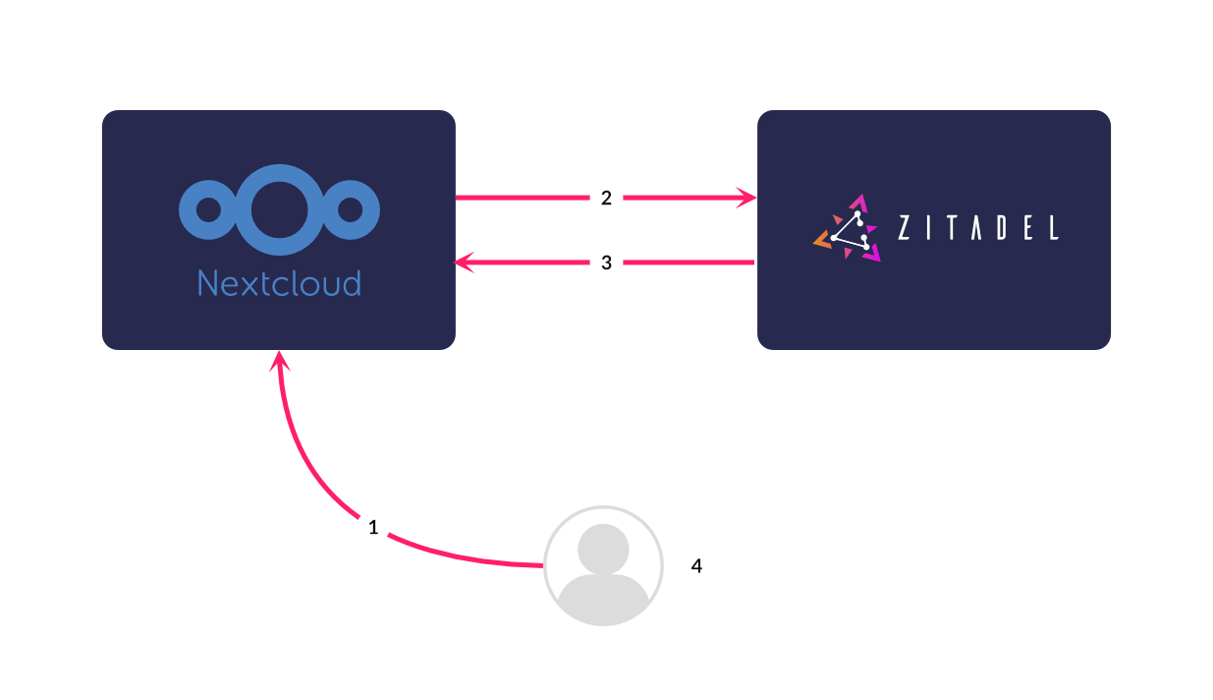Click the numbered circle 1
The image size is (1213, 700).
click(x=372, y=527)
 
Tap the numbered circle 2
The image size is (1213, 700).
click(x=606, y=199)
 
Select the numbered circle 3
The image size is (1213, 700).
click(x=606, y=262)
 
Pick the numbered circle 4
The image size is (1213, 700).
click(x=696, y=566)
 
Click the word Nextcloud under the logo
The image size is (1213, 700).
click(x=279, y=283)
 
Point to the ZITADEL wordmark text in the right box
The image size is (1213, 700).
click(x=978, y=228)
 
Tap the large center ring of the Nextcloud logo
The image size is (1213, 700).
click(x=279, y=209)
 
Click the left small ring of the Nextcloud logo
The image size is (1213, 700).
click(x=208, y=209)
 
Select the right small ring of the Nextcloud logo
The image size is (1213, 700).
click(x=350, y=209)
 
